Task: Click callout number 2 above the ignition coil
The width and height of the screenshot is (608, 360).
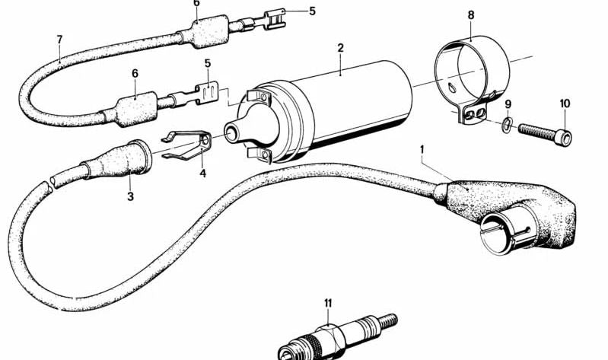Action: click(x=340, y=48)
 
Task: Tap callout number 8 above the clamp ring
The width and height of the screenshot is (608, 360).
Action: click(x=471, y=15)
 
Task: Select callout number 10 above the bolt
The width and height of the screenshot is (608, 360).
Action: click(x=565, y=104)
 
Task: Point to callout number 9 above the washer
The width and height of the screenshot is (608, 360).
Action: click(x=508, y=104)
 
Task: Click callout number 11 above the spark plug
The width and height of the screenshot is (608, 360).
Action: click(x=328, y=303)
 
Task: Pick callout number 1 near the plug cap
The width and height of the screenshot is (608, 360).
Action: click(x=422, y=149)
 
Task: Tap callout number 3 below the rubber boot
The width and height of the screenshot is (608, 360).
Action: click(x=130, y=196)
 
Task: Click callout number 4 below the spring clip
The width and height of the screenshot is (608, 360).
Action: click(x=203, y=173)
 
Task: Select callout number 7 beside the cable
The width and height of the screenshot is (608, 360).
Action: click(x=59, y=40)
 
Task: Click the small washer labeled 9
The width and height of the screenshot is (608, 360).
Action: click(x=507, y=125)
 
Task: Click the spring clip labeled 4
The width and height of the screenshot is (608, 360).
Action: click(x=187, y=145)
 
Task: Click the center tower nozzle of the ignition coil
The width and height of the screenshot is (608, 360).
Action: click(x=233, y=134)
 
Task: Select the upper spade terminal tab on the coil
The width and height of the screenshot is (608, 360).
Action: click(x=258, y=96)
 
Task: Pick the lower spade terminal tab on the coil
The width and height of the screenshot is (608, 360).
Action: click(x=259, y=154)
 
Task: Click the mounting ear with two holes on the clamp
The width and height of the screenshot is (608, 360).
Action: click(x=473, y=114)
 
